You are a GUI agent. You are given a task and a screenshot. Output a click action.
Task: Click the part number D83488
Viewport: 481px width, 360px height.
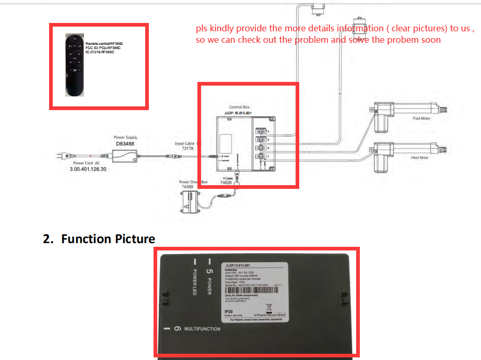[x=125, y=143]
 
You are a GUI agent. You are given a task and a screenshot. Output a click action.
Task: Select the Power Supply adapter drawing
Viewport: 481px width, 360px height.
[x=125, y=155]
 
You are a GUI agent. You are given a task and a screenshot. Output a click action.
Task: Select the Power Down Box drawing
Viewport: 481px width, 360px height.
[x=189, y=202]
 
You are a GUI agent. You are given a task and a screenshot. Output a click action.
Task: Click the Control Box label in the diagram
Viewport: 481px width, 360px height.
[x=239, y=107]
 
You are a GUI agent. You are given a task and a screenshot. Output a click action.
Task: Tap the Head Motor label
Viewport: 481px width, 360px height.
[x=420, y=157]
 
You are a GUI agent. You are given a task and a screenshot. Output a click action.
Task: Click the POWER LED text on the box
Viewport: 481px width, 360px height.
[x=194, y=282]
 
